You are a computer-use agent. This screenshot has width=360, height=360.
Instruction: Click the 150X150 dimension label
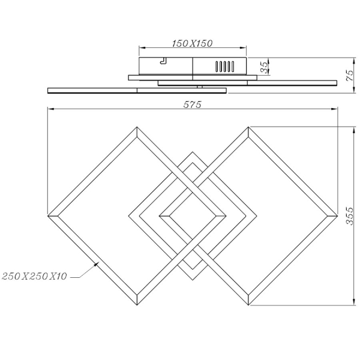click(x=193, y=44)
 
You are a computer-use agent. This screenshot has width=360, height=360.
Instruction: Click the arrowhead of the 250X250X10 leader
click(x=99, y=263)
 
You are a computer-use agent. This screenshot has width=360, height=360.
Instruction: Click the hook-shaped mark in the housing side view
click(x=163, y=60)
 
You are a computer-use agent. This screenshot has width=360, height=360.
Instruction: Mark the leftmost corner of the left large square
click(x=48, y=215)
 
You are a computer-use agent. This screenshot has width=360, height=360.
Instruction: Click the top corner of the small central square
click(x=192, y=152)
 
